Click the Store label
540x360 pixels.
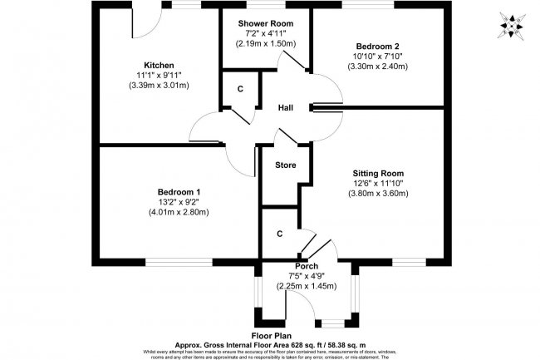click(x=286, y=165)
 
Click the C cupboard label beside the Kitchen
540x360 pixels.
click(x=240, y=89)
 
